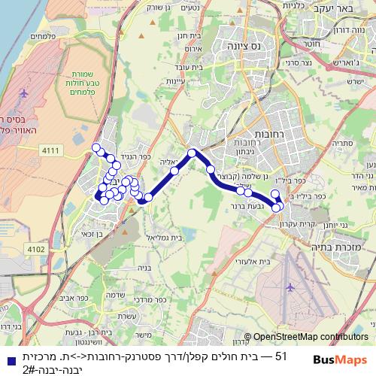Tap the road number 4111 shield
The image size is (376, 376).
[x=51, y=151]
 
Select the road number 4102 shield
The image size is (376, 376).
[x=35, y=249]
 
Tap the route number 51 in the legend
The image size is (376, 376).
[x=281, y=356]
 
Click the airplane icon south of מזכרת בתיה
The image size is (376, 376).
[x=290, y=287]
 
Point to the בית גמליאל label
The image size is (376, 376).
[x=159, y=237]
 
